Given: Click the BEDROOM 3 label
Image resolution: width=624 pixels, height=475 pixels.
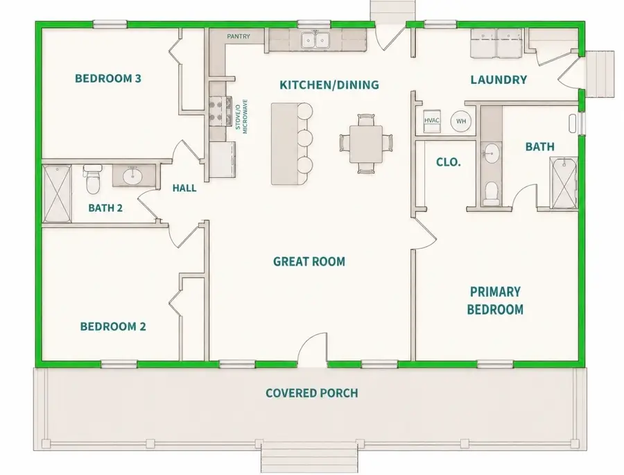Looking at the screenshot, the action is [108, 78].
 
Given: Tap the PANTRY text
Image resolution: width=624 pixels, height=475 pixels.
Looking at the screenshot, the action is [239, 36].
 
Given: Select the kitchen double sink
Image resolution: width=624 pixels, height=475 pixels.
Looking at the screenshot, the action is [315, 40].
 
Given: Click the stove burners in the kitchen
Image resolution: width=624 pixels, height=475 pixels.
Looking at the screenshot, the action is [218, 112].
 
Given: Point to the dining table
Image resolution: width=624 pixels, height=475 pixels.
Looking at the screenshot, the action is [366, 144].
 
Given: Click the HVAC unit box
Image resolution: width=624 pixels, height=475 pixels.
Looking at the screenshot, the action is [432, 121].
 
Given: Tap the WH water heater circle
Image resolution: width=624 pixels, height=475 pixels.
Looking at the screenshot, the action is [461, 121].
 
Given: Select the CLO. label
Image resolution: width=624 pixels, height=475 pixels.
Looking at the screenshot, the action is [449, 162].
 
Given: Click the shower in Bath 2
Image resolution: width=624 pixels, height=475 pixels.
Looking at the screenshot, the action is [58, 194].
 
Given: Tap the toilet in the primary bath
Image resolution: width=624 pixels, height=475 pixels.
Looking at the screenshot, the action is [492, 194].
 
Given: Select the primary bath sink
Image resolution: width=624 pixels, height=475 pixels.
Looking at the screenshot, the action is [492, 153].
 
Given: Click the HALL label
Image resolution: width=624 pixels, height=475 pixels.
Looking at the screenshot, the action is [184, 188].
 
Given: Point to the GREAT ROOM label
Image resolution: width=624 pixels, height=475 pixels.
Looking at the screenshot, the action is [309, 261].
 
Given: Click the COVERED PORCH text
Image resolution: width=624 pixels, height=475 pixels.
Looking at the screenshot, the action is [312, 393].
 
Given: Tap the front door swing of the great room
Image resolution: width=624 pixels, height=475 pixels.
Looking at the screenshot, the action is [313, 347].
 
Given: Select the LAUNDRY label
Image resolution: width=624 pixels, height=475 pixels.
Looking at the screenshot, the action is [499, 80].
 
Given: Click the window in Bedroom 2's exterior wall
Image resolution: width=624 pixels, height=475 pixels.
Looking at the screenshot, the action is [119, 363].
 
